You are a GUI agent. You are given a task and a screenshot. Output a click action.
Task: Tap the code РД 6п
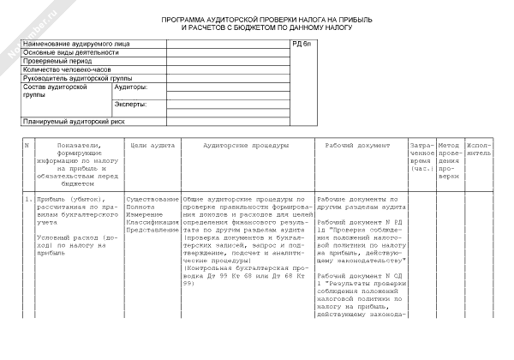pos(302,43)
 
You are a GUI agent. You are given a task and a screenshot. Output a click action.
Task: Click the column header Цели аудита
pos(151,146)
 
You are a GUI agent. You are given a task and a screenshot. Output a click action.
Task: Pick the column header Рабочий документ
pos(359,146)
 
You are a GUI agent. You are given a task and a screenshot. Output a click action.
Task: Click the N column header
pos(27,146)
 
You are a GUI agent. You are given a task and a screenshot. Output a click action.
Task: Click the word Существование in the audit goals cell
pos(152,198)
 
